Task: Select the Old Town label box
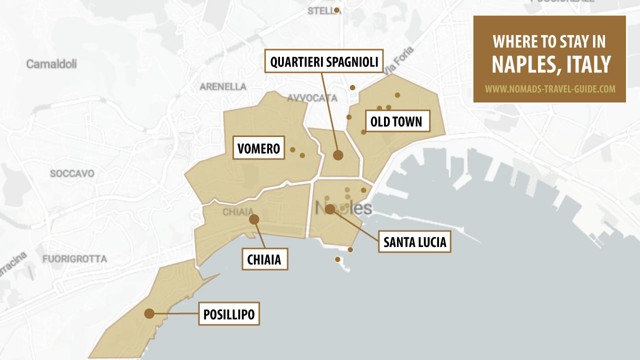pyautogui.click(x=396, y=121)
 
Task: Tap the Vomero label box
pyautogui.click(x=259, y=148)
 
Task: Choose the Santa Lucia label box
pyautogui.click(x=414, y=242)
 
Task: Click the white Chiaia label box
pyautogui.click(x=264, y=259)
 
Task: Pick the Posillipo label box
pyautogui.click(x=228, y=314)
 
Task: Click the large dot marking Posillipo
pyautogui.click(x=149, y=313)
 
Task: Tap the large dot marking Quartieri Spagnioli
pyautogui.click(x=338, y=155)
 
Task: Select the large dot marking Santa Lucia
pyautogui.click(x=330, y=209)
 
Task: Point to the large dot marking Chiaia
pyautogui.click(x=254, y=219)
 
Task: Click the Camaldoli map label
pyautogui.click(x=51, y=64)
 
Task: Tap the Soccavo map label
pyautogui.click(x=72, y=173)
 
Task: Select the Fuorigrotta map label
pyautogui.click(x=74, y=259)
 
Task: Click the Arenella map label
pyautogui.click(x=223, y=86)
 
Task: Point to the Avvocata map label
pyautogui.click(x=312, y=97)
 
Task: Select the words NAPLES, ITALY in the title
pyautogui.click(x=551, y=64)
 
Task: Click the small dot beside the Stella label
pyautogui.click(x=337, y=10)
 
